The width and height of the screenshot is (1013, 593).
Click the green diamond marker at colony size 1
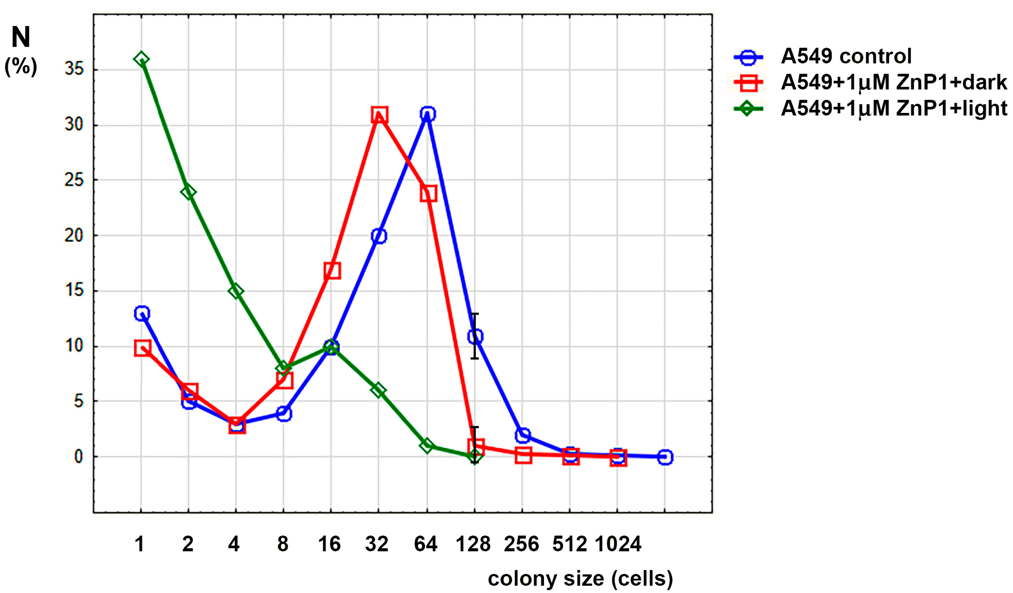pos(141,60)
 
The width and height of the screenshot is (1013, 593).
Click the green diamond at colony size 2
pos(188,192)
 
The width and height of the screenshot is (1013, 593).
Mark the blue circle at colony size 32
pos(379,236)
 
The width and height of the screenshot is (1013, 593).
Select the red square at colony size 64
pos(428,194)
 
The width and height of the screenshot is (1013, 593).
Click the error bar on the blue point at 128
pos(475,322)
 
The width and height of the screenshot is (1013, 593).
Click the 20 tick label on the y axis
pos(74,236)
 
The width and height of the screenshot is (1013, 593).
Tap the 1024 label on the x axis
pos(618,544)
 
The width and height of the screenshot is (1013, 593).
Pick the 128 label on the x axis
pos(473,544)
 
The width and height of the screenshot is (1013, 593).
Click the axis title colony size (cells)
pos(580,579)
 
